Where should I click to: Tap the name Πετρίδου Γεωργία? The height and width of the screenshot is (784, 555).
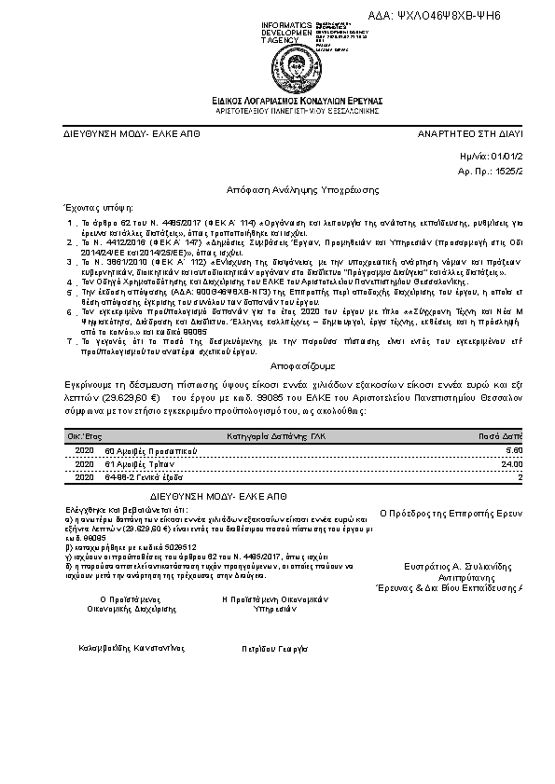pyautogui.click(x=274, y=646)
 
